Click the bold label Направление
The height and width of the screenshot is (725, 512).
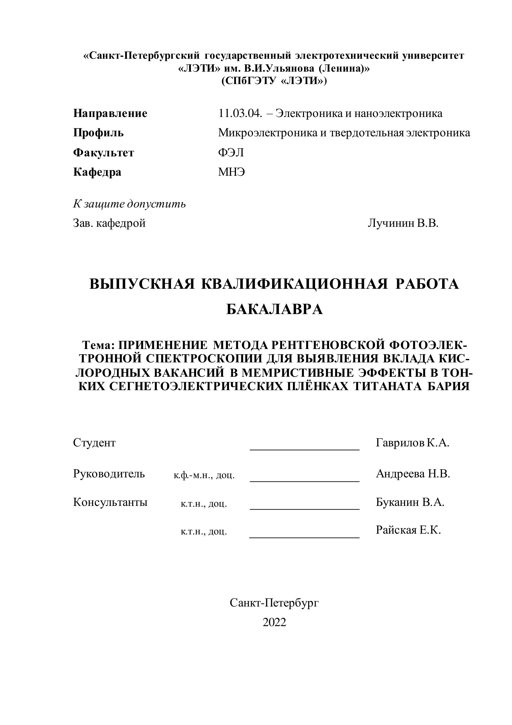(110, 113)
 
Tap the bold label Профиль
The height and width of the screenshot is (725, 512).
(99, 133)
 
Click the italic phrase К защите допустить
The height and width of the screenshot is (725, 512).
(129, 204)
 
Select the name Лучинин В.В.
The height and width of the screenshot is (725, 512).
(403, 223)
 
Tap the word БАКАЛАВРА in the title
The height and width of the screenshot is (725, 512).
(275, 309)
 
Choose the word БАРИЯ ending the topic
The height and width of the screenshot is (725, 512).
(449, 386)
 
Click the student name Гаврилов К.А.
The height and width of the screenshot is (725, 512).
(412, 443)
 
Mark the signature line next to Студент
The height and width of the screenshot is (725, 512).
(305, 449)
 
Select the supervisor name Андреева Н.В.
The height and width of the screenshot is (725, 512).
(413, 474)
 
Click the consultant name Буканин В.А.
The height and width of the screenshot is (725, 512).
(410, 502)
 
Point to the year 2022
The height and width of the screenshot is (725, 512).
(274, 622)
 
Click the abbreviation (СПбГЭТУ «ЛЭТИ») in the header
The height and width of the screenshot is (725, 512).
(274, 81)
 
